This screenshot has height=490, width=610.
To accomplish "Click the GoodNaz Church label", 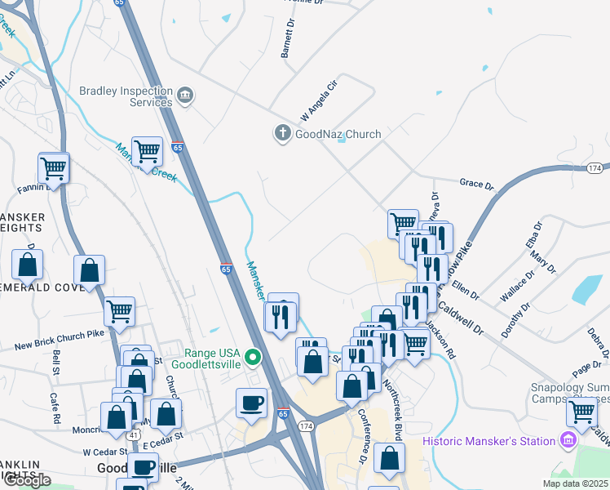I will pyautogui.click(x=338, y=134).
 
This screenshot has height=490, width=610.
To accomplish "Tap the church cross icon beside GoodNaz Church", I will pyautogui.click(x=283, y=133).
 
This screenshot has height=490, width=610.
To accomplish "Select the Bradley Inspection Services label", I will pyautogui.click(x=125, y=96).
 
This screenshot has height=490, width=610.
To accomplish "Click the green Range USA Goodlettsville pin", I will pyautogui.click(x=253, y=356).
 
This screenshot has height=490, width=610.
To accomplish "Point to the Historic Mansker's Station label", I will pyautogui.click(x=489, y=442).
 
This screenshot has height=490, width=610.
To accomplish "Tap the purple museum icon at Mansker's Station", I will pyautogui.click(x=568, y=441).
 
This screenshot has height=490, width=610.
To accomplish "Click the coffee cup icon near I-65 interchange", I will pyautogui.click(x=251, y=402).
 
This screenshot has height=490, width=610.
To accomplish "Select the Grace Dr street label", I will pyautogui.click(x=477, y=185).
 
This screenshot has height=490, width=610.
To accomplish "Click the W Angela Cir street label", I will pyautogui.click(x=319, y=96).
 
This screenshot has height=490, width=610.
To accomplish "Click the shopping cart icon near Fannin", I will pyautogui.click(x=54, y=169).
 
